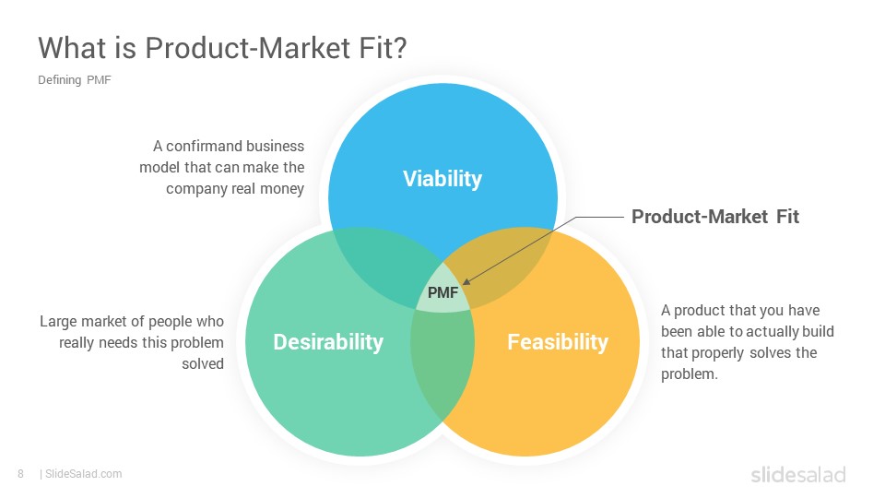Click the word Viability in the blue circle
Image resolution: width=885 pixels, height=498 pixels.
(x=442, y=178)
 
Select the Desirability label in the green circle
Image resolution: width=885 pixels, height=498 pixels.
(x=328, y=341)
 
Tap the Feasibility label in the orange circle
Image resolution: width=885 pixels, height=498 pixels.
(x=558, y=341)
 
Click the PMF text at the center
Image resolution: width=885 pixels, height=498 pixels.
(x=443, y=292)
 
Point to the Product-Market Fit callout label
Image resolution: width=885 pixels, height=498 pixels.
(x=715, y=217)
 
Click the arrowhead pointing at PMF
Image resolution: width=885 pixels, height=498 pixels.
(x=466, y=280)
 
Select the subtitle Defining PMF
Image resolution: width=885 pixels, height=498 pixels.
(x=75, y=80)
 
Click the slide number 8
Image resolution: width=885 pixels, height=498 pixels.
(x=21, y=474)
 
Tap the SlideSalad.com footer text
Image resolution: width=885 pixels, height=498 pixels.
(x=83, y=474)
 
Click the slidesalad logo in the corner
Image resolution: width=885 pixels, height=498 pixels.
(x=798, y=474)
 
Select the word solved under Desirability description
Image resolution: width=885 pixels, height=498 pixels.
(x=203, y=364)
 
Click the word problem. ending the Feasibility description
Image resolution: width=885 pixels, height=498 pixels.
(x=690, y=374)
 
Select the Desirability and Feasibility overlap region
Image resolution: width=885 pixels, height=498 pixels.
(x=442, y=362)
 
